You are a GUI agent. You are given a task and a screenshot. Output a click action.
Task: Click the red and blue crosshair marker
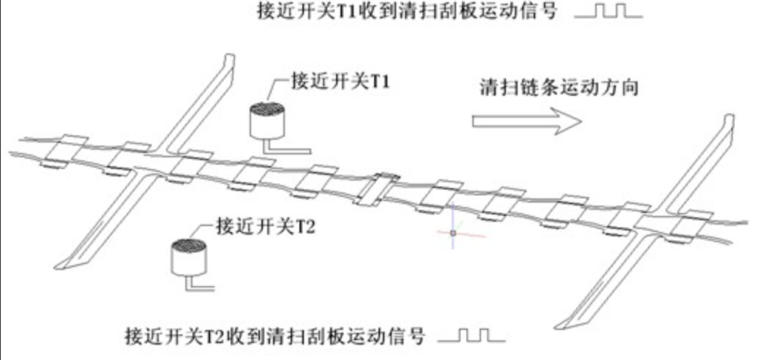click(x=453, y=233)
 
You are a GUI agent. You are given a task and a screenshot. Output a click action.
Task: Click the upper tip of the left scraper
click(x=231, y=58)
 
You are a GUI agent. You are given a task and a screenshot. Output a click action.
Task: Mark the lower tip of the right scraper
click(x=564, y=322)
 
